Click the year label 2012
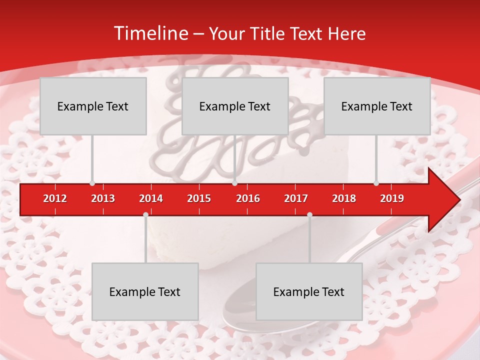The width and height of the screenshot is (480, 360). pyautogui.click(x=55, y=198)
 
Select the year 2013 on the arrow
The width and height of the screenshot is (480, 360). pyautogui.click(x=103, y=198)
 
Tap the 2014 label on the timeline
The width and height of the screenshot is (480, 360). pyautogui.click(x=151, y=198)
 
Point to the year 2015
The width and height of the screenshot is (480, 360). pyautogui.click(x=199, y=198)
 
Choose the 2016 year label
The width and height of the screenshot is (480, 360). pyautogui.click(x=248, y=198)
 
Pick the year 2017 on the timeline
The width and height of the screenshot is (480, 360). pyautogui.click(x=296, y=198)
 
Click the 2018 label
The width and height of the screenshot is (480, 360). pyautogui.click(x=344, y=198)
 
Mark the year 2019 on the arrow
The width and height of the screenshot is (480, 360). pyautogui.click(x=392, y=198)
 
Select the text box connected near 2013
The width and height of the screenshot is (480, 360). pyautogui.click(x=93, y=106)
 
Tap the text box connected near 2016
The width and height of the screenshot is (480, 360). pyautogui.click(x=235, y=106)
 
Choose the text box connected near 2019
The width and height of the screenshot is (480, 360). pyautogui.click(x=377, y=106)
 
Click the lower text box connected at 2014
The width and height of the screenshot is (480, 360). pyautogui.click(x=145, y=291)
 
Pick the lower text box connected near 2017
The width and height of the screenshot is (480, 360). pyautogui.click(x=309, y=291)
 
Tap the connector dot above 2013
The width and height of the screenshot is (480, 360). pyautogui.click(x=92, y=183)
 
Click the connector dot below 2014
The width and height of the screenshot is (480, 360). pyautogui.click(x=145, y=214)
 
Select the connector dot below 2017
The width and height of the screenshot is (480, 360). pyautogui.click(x=309, y=214)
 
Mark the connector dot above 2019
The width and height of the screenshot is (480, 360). pyautogui.click(x=376, y=183)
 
